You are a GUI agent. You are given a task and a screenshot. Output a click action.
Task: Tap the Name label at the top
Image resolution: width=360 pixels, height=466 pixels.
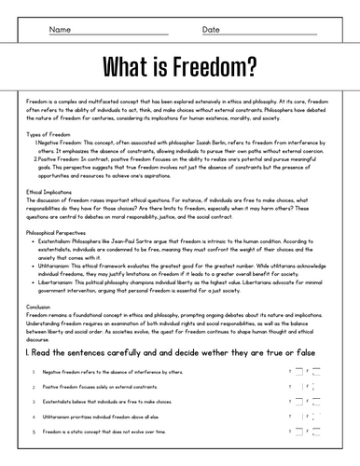point(59,30)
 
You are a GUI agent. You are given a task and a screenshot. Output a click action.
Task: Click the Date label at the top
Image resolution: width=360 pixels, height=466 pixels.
point(211,30)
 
